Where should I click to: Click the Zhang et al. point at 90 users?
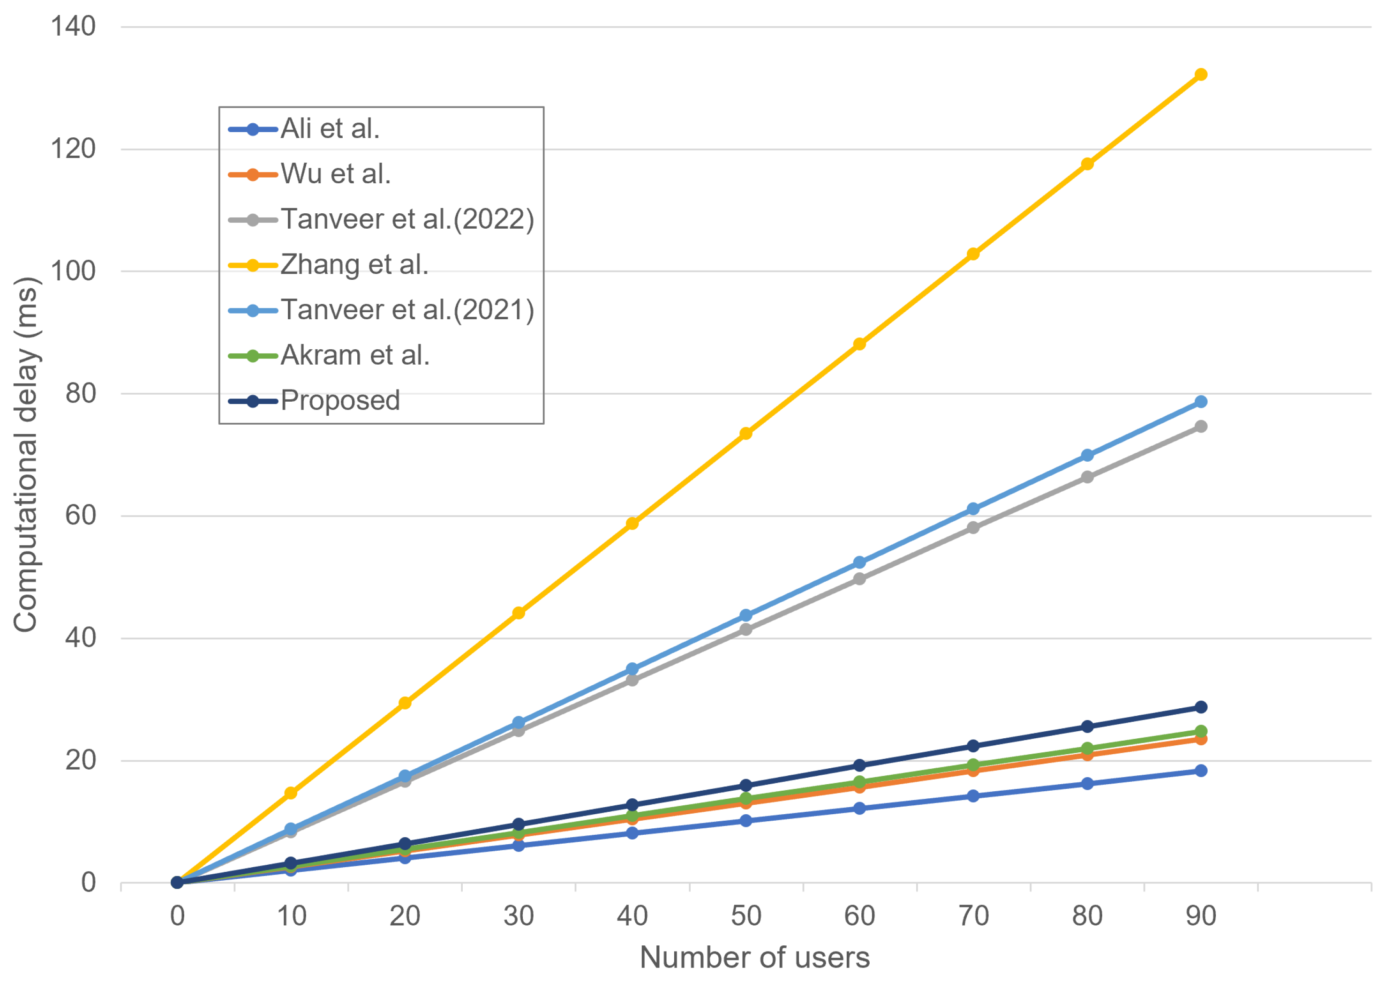(x=1201, y=75)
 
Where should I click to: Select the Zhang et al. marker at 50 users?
(x=746, y=434)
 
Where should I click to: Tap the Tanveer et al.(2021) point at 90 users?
(x=1201, y=402)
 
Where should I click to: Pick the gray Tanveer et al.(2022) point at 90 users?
(x=1201, y=426)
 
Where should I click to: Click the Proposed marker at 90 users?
(x=1201, y=707)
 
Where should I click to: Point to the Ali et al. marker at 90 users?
(x=1201, y=770)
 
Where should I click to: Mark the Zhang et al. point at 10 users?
(x=290, y=793)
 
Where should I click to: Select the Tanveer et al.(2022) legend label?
(x=407, y=219)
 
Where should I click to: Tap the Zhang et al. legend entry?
(x=354, y=265)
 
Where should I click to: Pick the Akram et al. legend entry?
(x=354, y=355)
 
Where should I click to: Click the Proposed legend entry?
(x=340, y=400)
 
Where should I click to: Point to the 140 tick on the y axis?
(x=73, y=27)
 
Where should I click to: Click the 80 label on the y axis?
(x=81, y=394)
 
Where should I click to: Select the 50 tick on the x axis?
(x=746, y=916)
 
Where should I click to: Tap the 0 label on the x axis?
(x=177, y=916)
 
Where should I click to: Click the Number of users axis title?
(x=754, y=957)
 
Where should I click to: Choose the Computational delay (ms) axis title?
(x=26, y=455)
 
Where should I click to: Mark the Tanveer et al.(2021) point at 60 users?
(x=859, y=562)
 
